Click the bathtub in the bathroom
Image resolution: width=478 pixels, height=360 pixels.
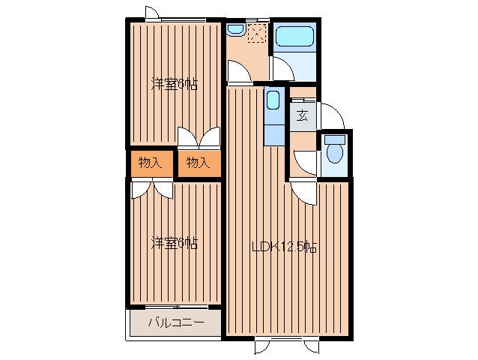point(294,36)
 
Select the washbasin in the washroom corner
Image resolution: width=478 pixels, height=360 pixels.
point(236,29)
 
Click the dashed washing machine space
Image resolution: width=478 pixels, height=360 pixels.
point(257,33)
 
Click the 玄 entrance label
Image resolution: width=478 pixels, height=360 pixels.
point(303,116)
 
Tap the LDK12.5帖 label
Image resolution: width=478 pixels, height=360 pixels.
point(285,247)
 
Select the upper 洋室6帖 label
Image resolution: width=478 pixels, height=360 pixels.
point(175,85)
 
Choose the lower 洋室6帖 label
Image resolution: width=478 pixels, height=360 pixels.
point(175,243)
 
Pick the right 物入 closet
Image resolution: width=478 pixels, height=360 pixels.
point(199,163)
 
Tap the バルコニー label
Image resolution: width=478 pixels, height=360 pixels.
point(176,322)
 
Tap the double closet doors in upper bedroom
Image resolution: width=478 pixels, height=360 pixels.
point(199,137)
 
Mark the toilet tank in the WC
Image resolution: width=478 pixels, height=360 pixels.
point(335,139)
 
